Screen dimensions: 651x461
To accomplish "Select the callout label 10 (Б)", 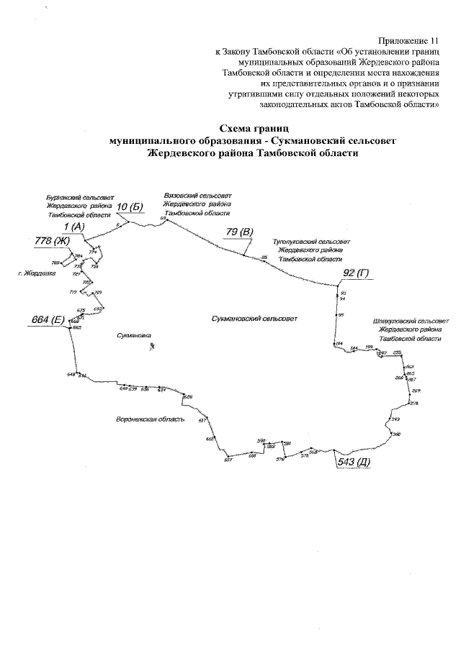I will (130, 207).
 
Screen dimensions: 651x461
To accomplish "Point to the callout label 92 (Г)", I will (355, 273).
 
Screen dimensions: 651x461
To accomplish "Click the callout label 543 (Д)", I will (354, 462).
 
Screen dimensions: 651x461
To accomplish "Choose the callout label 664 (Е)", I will (48, 319).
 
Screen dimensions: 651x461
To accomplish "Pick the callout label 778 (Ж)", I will (52, 241).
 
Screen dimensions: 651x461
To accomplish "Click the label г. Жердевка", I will (37, 273).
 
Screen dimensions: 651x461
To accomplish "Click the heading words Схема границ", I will (253, 127).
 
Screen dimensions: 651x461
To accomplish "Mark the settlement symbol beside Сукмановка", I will (152, 346).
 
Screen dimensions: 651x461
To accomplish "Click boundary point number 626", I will (188, 397).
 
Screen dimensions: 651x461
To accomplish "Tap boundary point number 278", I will (414, 403).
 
